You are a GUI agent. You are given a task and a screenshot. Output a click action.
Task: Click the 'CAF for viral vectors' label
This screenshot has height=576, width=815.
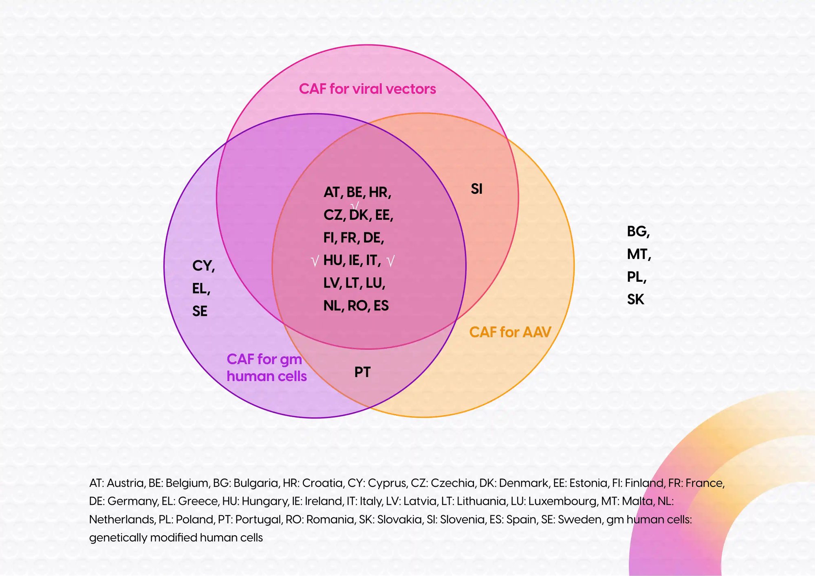[367, 89]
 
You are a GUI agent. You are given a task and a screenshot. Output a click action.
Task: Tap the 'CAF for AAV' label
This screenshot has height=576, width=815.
[510, 332]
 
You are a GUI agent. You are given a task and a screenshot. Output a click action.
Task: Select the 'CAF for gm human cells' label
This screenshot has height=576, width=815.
[267, 368]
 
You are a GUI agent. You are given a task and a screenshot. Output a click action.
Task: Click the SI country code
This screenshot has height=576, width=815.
[476, 189]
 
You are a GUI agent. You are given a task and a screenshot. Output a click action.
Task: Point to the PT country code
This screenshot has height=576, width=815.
[362, 372]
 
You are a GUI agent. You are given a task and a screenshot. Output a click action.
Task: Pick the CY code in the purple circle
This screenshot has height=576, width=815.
[203, 266]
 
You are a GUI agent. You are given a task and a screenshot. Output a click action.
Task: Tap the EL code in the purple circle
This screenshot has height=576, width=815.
[200, 289]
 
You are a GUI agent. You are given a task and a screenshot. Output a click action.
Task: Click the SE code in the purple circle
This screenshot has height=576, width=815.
[200, 311]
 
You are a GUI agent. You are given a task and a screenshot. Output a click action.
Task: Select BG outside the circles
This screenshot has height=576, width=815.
[637, 232]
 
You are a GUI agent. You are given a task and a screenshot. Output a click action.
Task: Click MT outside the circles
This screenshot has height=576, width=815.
[638, 254]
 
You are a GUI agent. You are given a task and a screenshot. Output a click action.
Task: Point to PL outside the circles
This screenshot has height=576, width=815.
[636, 277]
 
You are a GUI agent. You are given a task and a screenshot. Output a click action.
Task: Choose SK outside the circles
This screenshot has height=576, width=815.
[635, 300]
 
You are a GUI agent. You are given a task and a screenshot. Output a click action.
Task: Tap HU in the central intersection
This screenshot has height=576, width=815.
[333, 261]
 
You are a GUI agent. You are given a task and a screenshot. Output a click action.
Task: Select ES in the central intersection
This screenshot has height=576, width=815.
[381, 306]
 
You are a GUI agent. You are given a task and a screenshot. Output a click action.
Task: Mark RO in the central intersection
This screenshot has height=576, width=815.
[357, 306]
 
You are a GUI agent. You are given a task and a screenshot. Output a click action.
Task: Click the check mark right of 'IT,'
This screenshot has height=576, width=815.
[390, 261]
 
